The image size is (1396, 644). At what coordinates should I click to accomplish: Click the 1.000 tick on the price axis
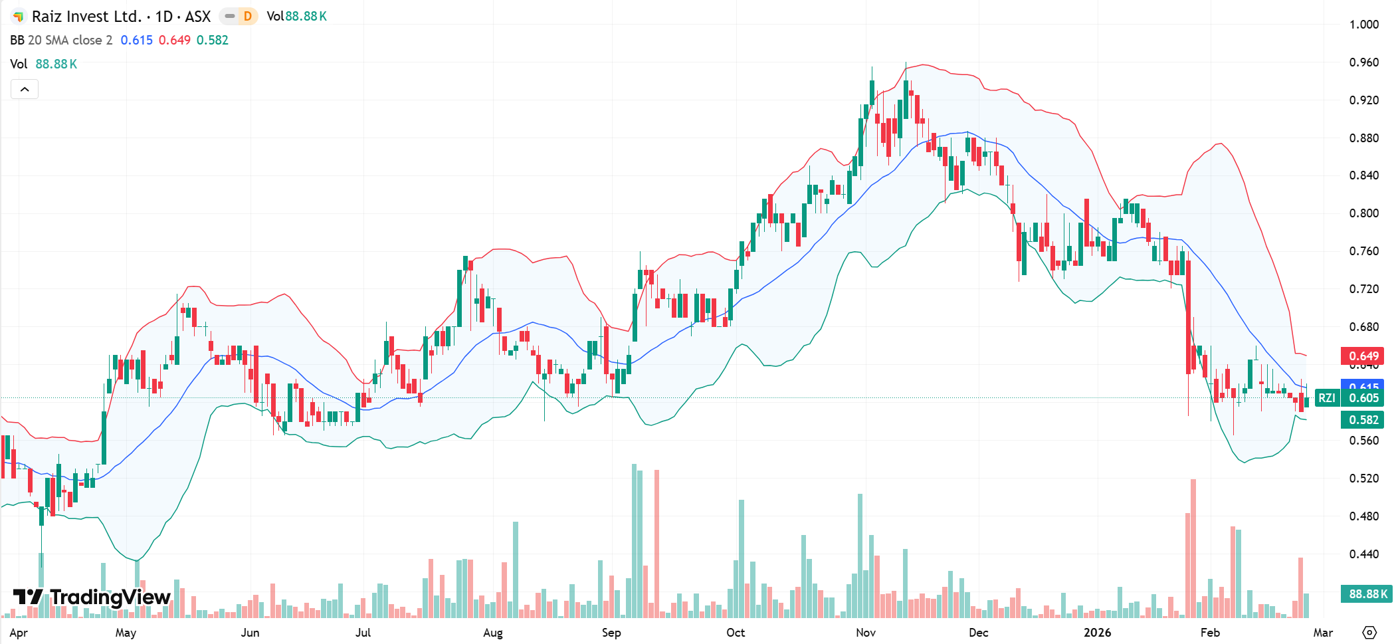[1363, 25]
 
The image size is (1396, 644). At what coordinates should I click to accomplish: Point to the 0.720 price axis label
[1363, 289]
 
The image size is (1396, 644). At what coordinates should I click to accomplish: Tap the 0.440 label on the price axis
[1363, 554]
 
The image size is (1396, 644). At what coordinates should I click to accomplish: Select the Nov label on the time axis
[865, 632]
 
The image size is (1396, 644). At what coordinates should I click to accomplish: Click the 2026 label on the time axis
[1097, 632]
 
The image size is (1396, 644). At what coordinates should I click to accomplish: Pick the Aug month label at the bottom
[492, 632]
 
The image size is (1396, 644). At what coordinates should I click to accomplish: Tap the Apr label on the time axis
[19, 632]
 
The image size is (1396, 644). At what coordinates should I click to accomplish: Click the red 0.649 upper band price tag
[1362, 356]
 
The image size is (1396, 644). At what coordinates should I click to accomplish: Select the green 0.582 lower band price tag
[1362, 419]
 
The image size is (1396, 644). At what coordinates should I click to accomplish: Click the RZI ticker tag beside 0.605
[1326, 397]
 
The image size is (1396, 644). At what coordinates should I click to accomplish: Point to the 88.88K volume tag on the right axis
[1366, 593]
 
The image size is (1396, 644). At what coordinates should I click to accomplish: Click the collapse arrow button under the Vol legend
[25, 89]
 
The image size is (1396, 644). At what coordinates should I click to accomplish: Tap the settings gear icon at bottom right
[1369, 632]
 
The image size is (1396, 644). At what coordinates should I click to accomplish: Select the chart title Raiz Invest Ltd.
[86, 17]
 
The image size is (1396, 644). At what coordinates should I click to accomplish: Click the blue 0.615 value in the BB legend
[136, 40]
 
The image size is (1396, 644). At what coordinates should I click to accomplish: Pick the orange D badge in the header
[248, 16]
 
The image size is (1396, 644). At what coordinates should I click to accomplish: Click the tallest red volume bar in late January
[1193, 548]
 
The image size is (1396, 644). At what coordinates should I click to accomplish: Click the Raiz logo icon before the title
[19, 17]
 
